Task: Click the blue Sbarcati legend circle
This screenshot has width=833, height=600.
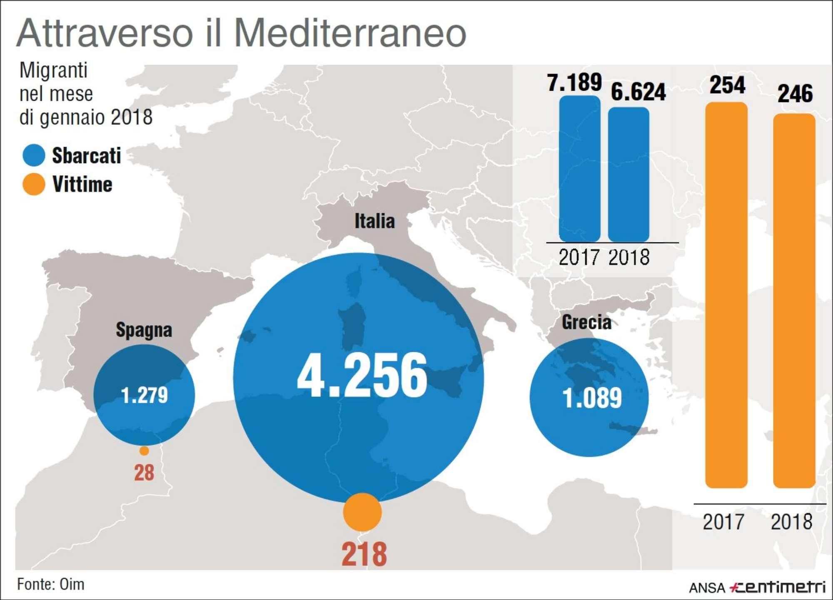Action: (x=34, y=155)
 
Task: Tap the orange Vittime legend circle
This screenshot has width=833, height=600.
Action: (x=34, y=184)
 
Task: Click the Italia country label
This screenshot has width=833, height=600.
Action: (x=374, y=221)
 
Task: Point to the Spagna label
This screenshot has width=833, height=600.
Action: (x=144, y=330)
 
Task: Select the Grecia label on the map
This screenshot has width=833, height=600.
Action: (x=586, y=322)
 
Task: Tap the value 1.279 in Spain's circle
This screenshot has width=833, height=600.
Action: (x=144, y=395)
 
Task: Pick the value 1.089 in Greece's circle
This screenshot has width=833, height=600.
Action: (x=592, y=398)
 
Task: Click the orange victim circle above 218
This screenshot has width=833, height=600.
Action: (x=362, y=512)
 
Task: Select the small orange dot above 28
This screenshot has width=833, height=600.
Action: (x=144, y=451)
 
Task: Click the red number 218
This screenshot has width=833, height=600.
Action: (x=364, y=554)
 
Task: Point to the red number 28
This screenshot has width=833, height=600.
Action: (x=144, y=473)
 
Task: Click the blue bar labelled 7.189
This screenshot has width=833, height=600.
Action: (x=579, y=169)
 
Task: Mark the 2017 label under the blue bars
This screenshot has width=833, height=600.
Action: (x=579, y=257)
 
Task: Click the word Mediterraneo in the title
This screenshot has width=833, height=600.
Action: (x=350, y=33)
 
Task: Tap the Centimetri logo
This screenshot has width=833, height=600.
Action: (x=778, y=587)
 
